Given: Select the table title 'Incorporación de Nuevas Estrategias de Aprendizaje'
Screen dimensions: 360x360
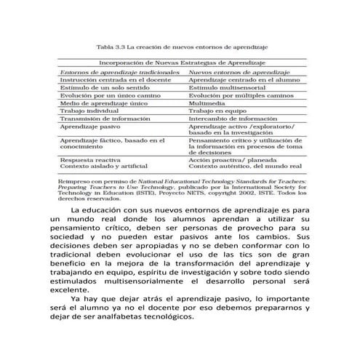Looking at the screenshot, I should (x=181, y=64).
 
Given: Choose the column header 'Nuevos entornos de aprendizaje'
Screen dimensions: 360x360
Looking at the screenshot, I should (x=233, y=73).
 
